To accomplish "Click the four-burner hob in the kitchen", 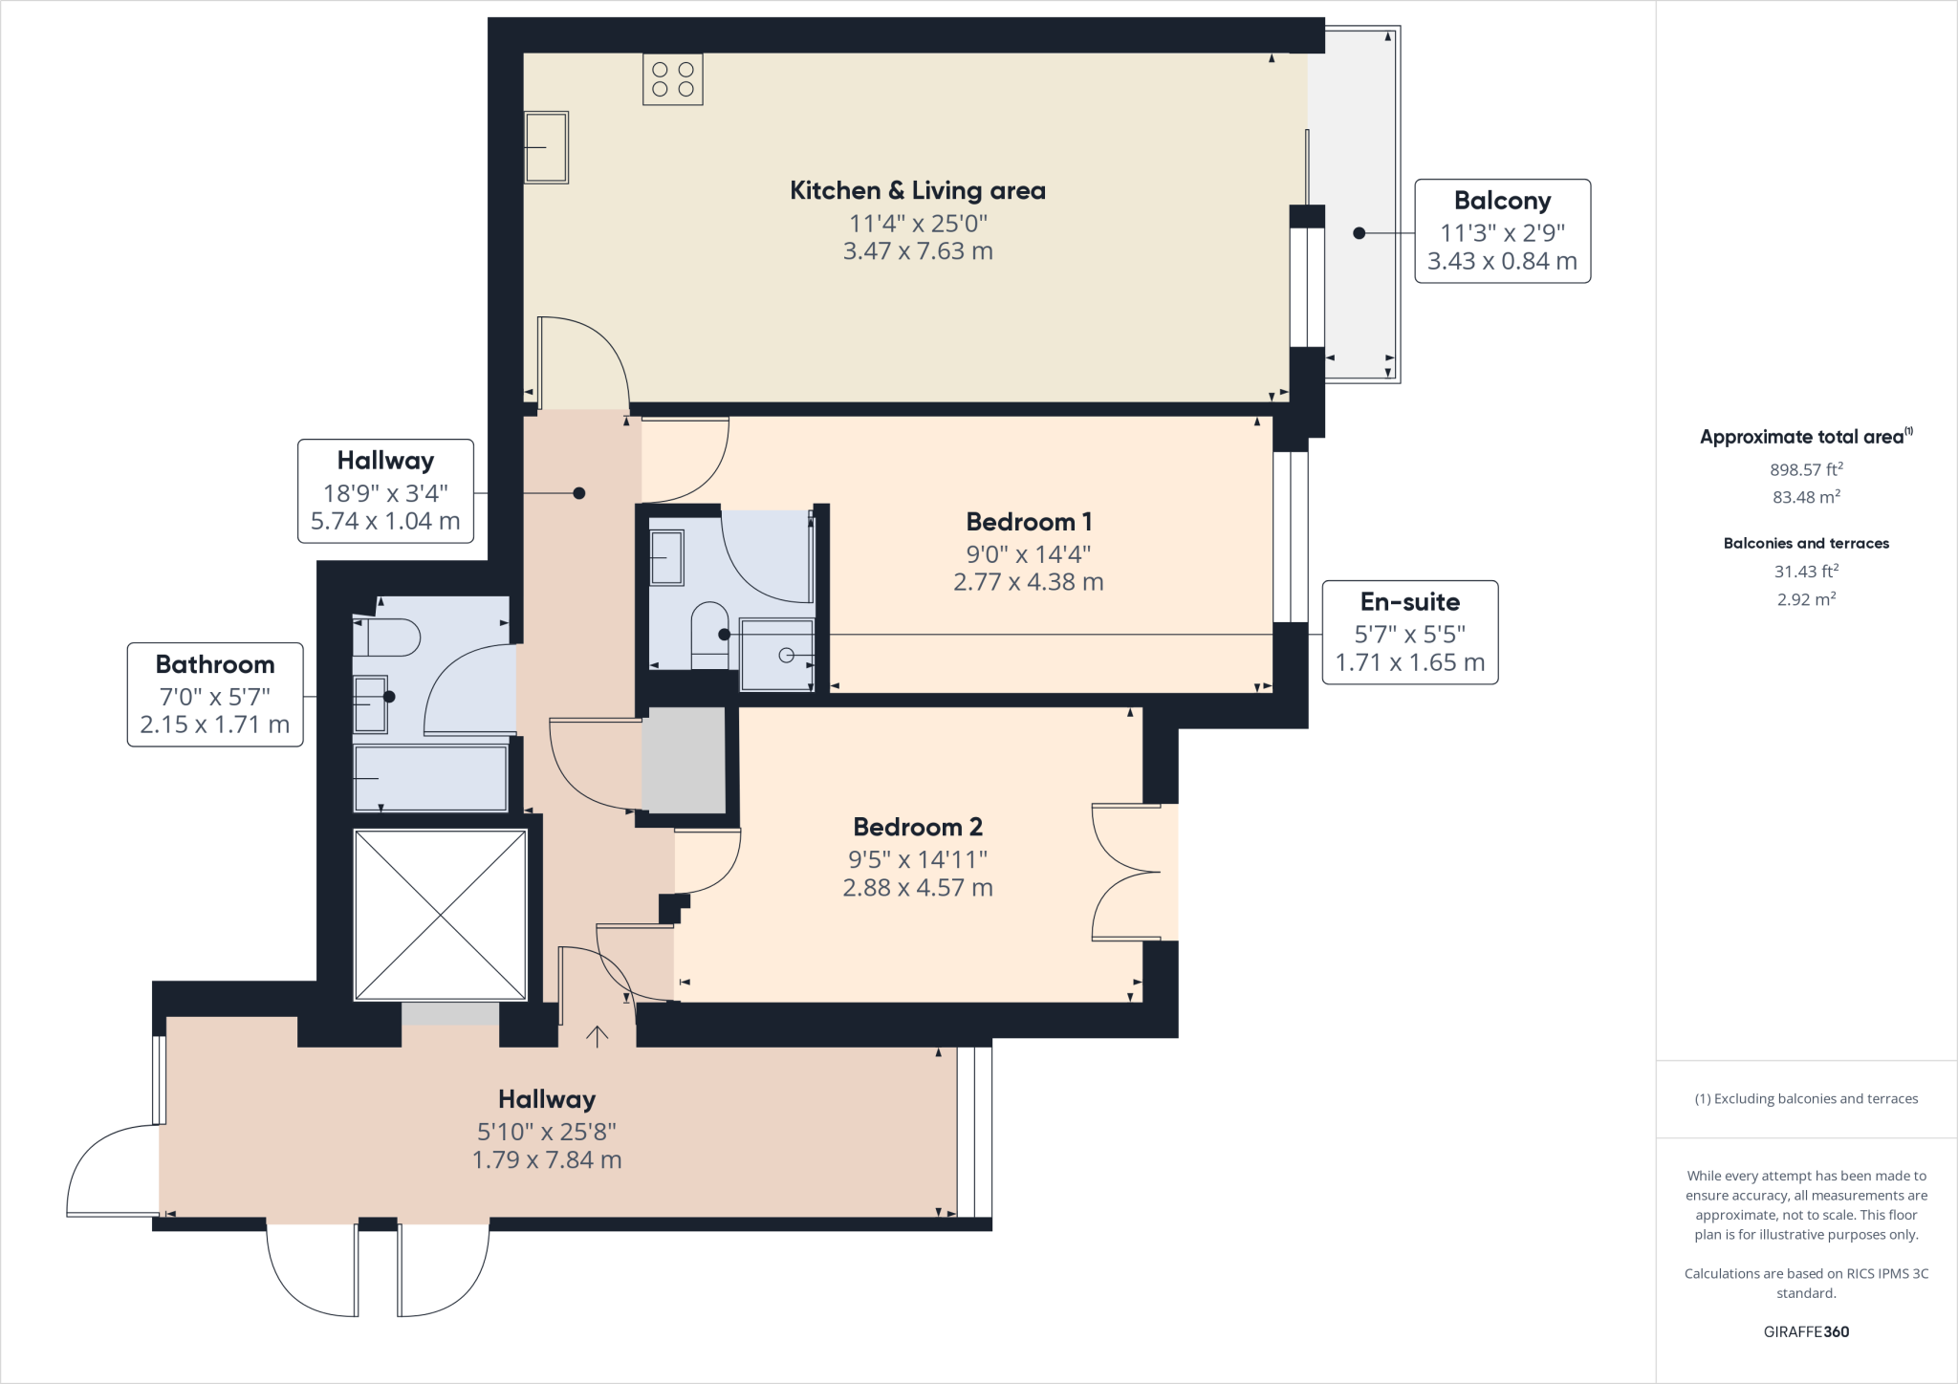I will click(673, 79).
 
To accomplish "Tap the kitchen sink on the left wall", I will click(546, 147).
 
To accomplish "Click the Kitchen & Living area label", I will click(917, 190).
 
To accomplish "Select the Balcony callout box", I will click(1502, 230).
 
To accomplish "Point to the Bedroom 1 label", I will click(1028, 522).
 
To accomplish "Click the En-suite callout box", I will click(1409, 632).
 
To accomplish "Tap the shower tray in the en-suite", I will click(777, 655).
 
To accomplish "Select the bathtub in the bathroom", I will click(430, 777).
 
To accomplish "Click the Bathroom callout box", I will click(215, 694).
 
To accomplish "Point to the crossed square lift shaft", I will click(440, 915).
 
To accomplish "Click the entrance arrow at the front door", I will click(598, 1036).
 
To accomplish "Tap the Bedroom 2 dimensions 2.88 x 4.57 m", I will click(917, 888).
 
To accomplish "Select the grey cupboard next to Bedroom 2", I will click(683, 760).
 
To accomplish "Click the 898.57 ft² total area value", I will click(1806, 469).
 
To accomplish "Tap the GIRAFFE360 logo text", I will click(1806, 1331).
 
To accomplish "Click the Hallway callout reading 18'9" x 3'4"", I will click(385, 491).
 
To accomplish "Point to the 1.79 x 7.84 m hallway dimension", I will click(546, 1160).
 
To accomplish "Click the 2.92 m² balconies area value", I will click(1806, 599).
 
